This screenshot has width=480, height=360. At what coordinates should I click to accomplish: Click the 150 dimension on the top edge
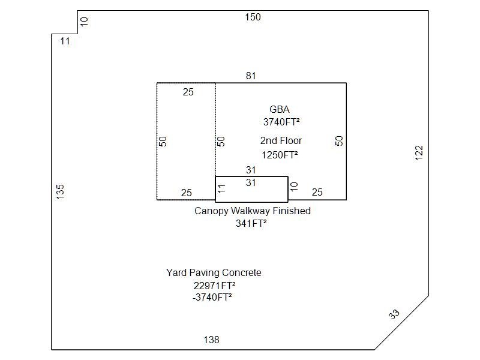(x=253, y=17)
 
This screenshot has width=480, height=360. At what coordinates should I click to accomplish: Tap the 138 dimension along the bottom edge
(x=211, y=340)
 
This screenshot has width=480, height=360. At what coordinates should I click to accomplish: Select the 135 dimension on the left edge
(x=61, y=191)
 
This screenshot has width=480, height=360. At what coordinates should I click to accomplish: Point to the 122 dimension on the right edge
(x=419, y=152)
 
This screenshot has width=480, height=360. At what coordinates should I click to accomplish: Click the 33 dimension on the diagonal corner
(x=394, y=314)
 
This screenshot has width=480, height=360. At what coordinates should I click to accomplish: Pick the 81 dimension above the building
(x=251, y=76)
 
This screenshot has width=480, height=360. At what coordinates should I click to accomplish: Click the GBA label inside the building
(x=279, y=109)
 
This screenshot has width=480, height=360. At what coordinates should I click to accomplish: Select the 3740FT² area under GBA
(x=281, y=122)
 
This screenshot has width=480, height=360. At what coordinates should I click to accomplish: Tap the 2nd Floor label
(x=281, y=140)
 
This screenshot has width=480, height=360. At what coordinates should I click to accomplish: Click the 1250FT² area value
(x=280, y=155)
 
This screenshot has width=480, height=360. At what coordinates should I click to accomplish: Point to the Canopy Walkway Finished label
(x=253, y=211)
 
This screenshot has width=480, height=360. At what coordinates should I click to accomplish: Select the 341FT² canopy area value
(x=251, y=223)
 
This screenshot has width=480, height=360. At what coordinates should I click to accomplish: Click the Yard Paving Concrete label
(x=214, y=273)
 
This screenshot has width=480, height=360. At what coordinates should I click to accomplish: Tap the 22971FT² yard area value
(x=214, y=286)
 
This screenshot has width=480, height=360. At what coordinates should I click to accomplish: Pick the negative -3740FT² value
(x=212, y=297)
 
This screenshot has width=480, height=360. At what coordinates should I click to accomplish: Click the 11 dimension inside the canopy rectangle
(x=221, y=188)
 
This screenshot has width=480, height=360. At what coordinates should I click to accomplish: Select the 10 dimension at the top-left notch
(x=84, y=22)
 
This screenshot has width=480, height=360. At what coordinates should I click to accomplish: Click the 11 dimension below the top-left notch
(x=65, y=41)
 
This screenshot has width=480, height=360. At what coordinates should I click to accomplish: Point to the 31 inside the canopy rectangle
(x=251, y=183)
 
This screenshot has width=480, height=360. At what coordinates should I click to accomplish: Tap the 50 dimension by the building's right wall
(x=339, y=141)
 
